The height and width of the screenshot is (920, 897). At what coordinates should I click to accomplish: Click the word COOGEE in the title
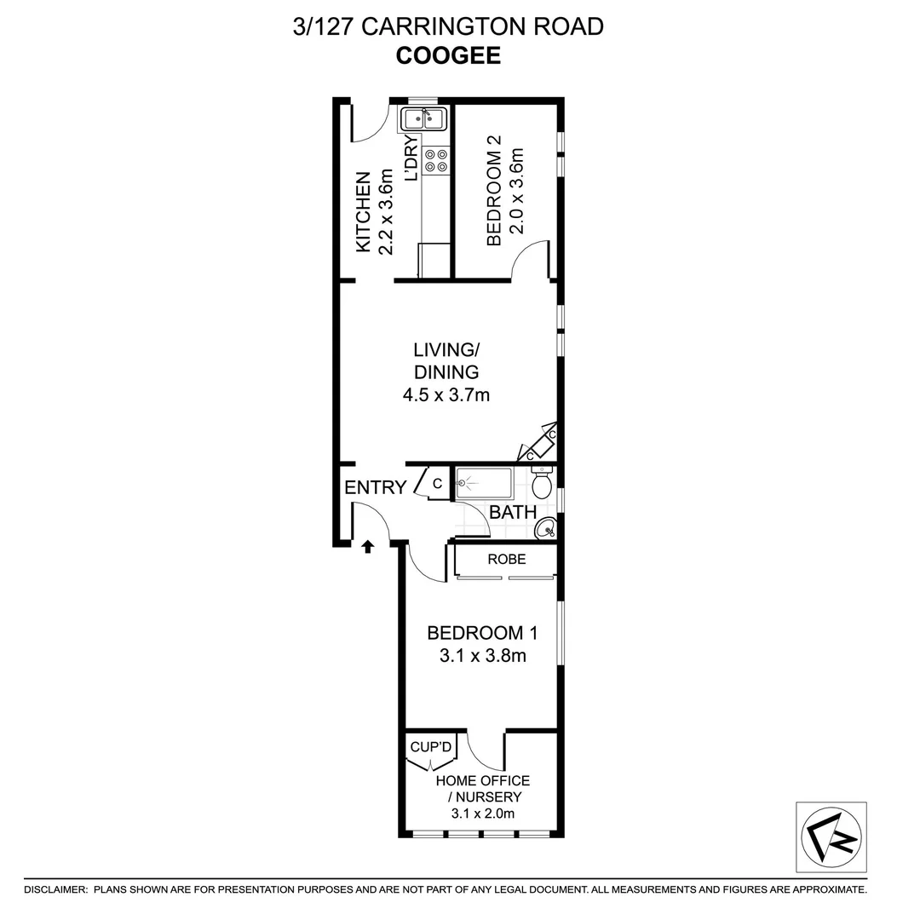tap(448, 56)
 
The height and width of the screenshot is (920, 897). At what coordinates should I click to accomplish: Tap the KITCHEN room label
tap(362, 213)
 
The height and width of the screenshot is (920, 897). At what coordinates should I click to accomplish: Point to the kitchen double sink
tap(424, 118)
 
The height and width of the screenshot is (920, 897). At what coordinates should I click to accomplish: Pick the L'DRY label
tap(411, 158)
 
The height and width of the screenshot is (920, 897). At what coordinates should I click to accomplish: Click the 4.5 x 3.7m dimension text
tap(446, 394)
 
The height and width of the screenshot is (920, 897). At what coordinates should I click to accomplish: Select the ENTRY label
tap(375, 487)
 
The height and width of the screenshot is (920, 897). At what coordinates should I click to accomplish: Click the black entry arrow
tap(368, 545)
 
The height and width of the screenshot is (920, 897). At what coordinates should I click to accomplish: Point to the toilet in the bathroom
tap(542, 485)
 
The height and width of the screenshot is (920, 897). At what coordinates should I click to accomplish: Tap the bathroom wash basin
tap(545, 531)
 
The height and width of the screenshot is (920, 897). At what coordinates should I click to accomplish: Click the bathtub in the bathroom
tap(484, 483)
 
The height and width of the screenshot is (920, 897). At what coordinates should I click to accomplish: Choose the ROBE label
tap(506, 560)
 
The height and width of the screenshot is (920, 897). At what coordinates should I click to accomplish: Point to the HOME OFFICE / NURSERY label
tap(483, 789)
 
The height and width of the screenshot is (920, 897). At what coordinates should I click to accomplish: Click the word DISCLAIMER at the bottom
tap(55, 889)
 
